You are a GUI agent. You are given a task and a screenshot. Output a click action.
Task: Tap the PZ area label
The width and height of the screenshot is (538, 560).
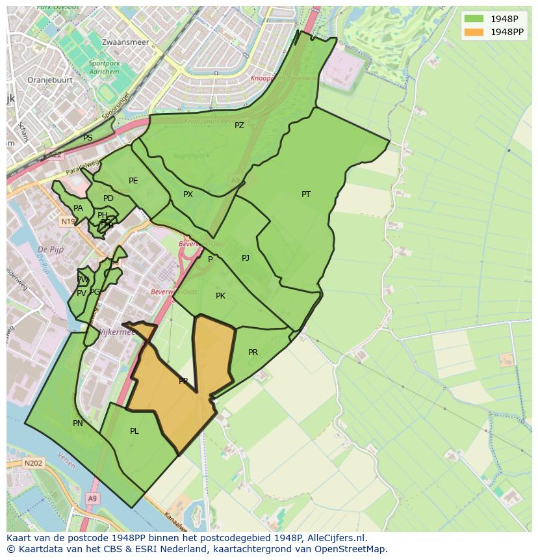[x=239, y=126]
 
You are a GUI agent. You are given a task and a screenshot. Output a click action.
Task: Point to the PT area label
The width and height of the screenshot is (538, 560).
[x=306, y=194]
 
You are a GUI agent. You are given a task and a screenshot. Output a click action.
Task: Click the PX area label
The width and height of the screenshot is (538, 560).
[x=188, y=194]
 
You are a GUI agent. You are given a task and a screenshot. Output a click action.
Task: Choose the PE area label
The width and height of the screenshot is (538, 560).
[x=133, y=181]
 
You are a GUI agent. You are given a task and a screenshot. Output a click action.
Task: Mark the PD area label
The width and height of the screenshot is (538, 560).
[x=109, y=198]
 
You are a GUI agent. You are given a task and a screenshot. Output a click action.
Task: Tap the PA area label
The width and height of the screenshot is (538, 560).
[x=78, y=208]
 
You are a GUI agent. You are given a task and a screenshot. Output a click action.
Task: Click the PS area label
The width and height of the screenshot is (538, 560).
[x=88, y=138]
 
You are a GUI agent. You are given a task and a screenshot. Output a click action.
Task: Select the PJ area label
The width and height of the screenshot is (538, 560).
[x=246, y=258]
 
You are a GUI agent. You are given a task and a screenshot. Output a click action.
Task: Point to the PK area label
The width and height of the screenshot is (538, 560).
[x=220, y=296]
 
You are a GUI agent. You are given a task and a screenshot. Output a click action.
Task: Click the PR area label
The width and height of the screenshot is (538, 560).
[x=253, y=353]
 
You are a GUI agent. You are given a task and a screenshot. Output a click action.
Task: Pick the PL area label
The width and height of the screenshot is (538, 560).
[x=134, y=431]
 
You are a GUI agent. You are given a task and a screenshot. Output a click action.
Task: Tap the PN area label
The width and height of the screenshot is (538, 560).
[x=78, y=423]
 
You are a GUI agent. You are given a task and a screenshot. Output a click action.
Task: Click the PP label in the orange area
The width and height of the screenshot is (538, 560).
[x=183, y=381]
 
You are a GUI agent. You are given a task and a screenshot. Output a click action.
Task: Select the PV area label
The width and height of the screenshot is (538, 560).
[x=81, y=293]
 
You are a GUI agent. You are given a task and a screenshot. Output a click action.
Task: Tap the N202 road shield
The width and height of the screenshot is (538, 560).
[x=33, y=464]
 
